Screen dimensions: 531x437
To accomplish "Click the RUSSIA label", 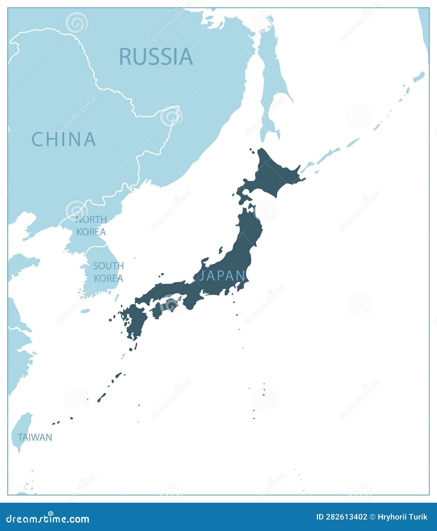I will point(156,57).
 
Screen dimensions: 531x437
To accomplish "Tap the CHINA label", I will point(64,139).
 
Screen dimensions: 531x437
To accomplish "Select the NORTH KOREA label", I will point(91,226).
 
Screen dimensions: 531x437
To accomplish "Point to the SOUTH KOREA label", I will point(108,272).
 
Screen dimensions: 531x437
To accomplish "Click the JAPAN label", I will point(222,276).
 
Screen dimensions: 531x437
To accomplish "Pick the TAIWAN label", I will point(35,437).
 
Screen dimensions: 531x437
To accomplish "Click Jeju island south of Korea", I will point(85,311).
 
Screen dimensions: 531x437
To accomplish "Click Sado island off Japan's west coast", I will point(221,250).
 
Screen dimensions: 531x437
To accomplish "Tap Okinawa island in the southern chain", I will point(101,397).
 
